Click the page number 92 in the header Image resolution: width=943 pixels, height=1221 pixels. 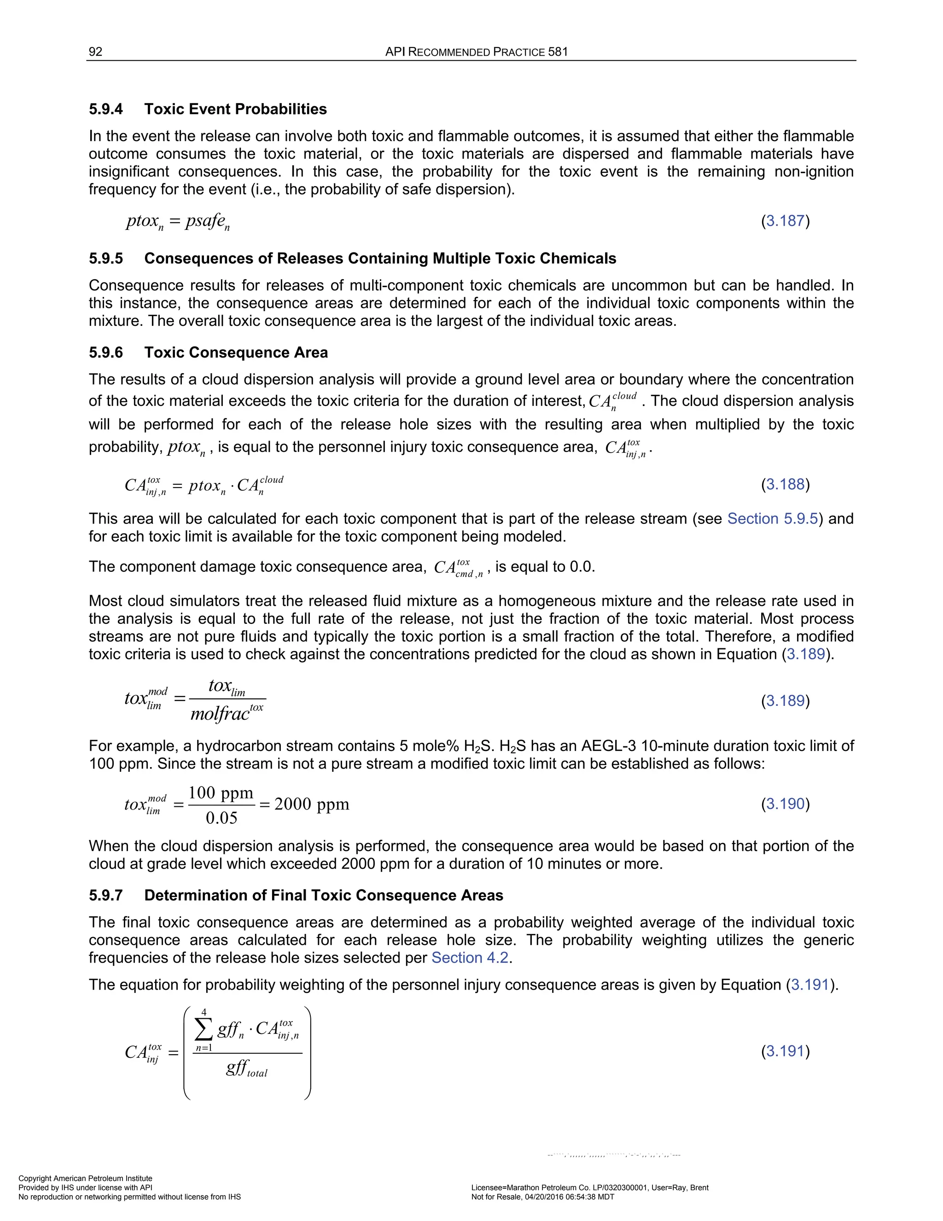[95, 52]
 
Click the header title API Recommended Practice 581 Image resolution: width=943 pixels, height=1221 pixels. [476, 52]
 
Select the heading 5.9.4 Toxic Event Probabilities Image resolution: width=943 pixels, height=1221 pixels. [208, 109]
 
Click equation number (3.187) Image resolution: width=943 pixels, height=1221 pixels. [785, 221]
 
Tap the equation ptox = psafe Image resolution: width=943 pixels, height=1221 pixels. [178, 221]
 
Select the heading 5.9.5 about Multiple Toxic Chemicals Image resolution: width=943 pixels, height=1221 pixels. [352, 258]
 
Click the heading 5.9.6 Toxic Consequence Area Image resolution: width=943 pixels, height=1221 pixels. [209, 352]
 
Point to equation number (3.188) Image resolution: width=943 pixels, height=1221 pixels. [785, 484]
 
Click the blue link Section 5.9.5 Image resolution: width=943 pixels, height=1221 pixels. [772, 519]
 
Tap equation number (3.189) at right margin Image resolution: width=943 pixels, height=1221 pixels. [785, 700]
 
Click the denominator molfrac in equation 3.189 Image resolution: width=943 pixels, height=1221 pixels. [226, 713]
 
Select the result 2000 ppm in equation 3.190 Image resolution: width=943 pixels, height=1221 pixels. [312, 804]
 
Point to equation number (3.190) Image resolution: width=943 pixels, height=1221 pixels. [785, 804]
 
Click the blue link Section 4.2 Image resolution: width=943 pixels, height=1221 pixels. [470, 958]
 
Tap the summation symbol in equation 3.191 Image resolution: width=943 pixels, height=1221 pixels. [204, 1029]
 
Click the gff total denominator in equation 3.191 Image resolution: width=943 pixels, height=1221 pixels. [246, 1068]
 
